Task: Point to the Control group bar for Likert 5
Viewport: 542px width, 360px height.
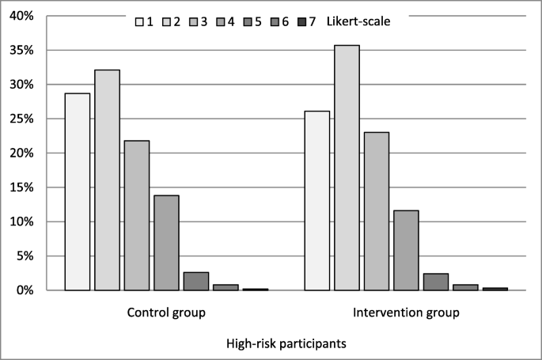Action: [x=196, y=282]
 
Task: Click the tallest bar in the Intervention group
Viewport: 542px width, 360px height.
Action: [x=347, y=168]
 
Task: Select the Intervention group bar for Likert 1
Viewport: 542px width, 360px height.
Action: [x=317, y=201]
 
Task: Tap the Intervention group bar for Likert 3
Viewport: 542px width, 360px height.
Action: [x=377, y=211]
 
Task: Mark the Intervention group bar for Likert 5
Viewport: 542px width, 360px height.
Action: [x=436, y=282]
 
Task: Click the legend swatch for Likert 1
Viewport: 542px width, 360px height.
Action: [x=139, y=22]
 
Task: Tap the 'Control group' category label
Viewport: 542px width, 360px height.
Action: [x=166, y=313]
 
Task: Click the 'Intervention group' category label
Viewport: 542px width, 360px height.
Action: [x=406, y=313]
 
